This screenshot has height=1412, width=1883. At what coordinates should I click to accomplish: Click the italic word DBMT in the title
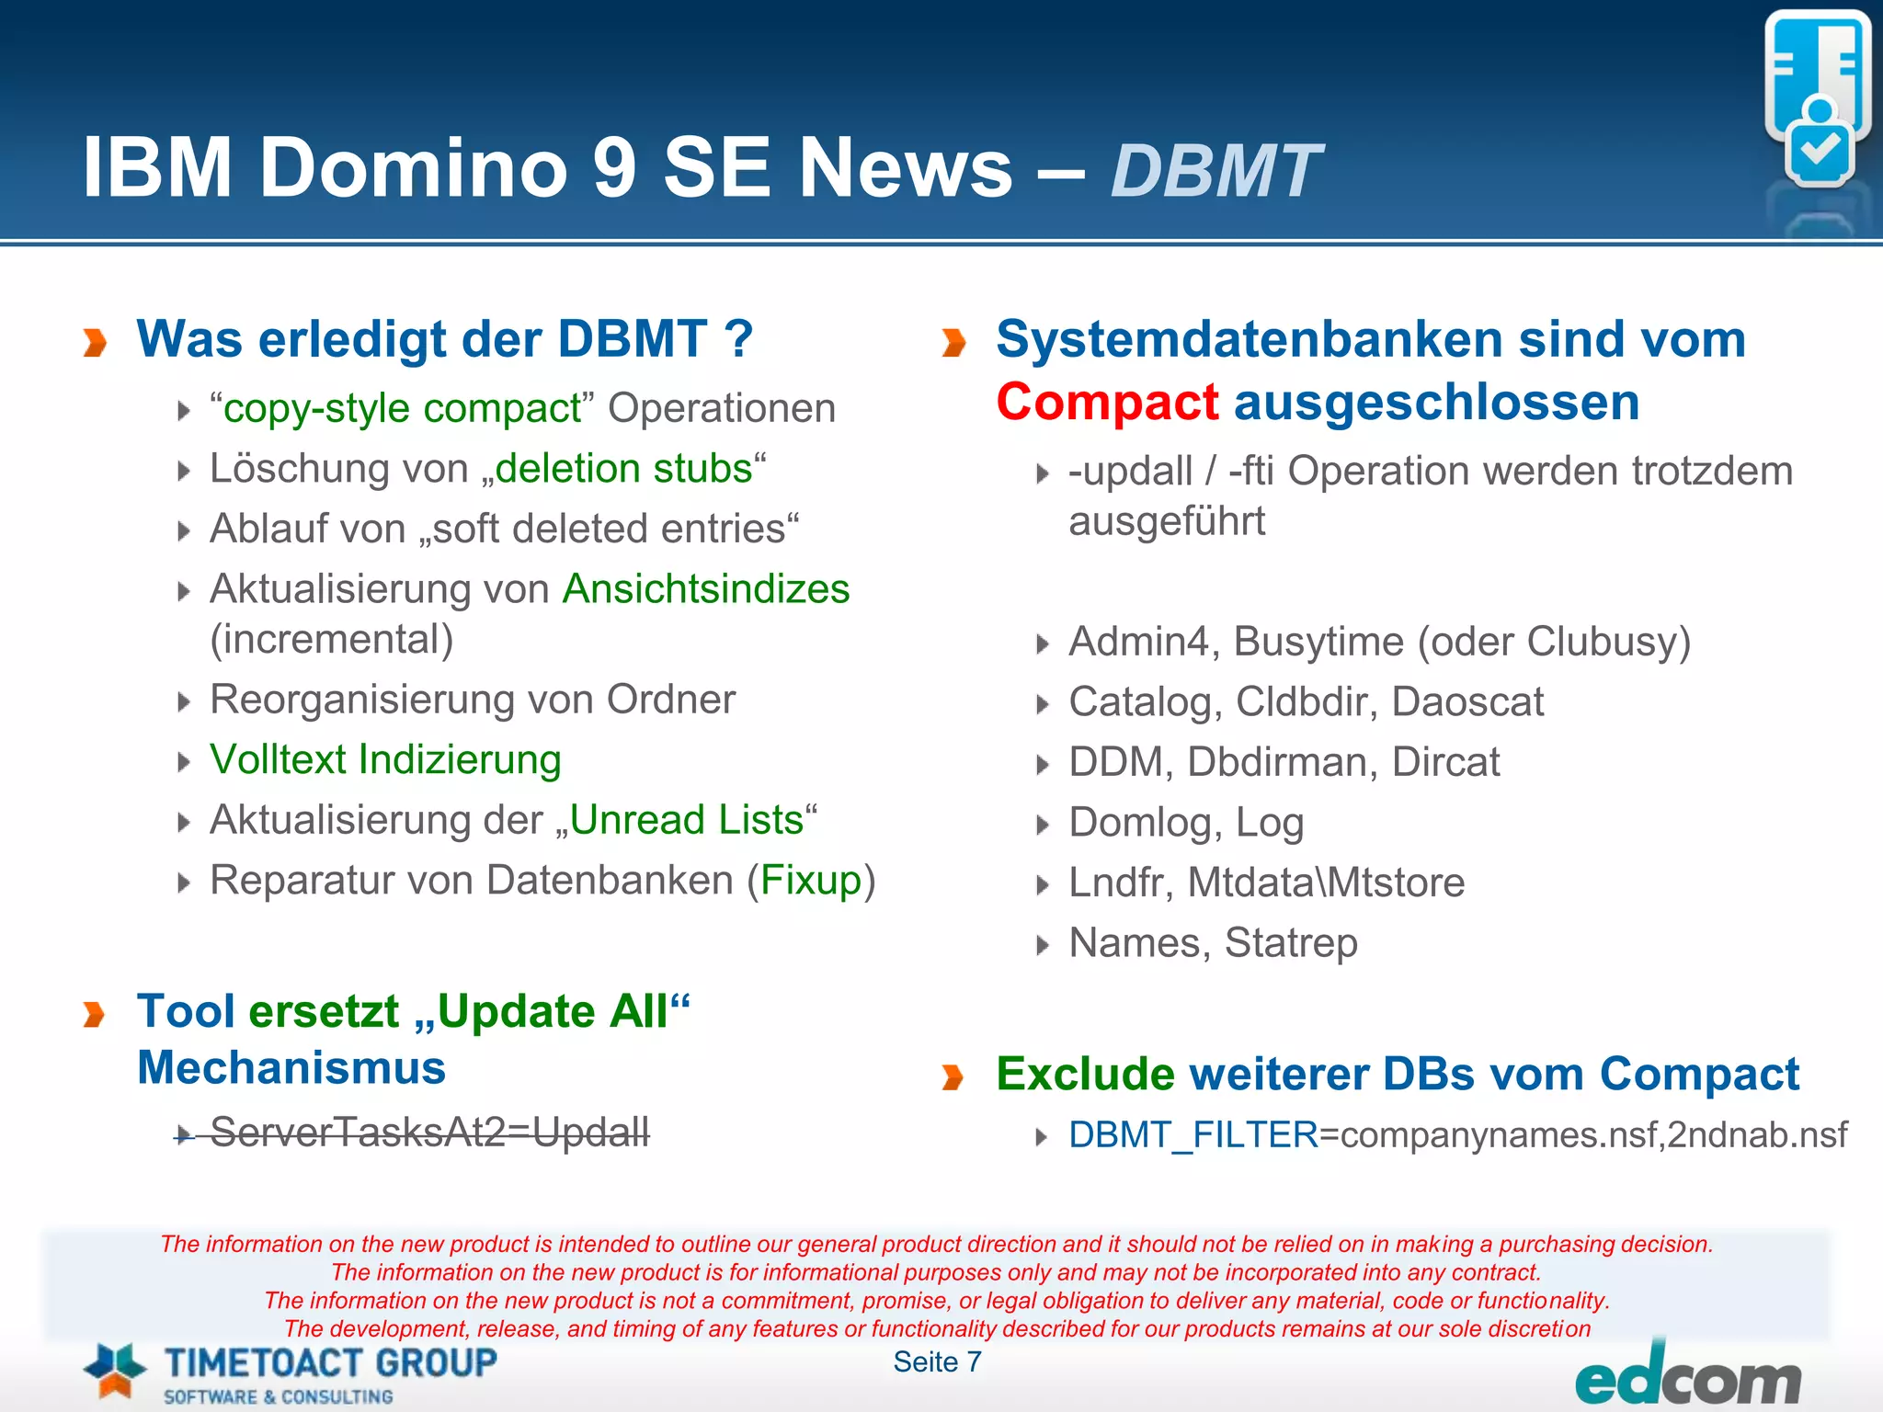[x=1215, y=171]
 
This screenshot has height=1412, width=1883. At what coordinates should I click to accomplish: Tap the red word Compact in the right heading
[x=1107, y=403]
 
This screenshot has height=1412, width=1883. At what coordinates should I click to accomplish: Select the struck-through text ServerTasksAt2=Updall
[x=429, y=1132]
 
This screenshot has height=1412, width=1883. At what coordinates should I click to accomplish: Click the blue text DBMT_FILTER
[x=1193, y=1135]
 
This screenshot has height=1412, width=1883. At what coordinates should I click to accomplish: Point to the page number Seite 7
[x=937, y=1361]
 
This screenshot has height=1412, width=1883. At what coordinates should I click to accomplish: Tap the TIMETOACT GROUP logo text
[x=331, y=1362]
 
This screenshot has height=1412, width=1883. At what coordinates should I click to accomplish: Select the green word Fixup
[x=810, y=881]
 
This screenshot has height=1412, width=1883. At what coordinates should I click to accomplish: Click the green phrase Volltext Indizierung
[x=385, y=760]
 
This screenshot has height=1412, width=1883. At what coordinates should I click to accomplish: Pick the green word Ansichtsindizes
[x=706, y=589]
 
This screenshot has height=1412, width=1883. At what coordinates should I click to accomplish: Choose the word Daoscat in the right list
[x=1467, y=702]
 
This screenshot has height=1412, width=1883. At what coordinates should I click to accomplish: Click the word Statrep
[x=1291, y=943]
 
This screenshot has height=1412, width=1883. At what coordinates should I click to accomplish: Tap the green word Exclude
[x=1085, y=1074]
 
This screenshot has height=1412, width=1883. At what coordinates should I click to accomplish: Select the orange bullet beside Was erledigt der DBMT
[x=95, y=342]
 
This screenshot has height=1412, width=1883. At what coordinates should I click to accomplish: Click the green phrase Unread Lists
[x=687, y=820]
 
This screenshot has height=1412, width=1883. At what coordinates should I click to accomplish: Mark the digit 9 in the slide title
[x=614, y=167]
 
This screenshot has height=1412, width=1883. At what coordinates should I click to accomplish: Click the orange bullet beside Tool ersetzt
[x=95, y=1015]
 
